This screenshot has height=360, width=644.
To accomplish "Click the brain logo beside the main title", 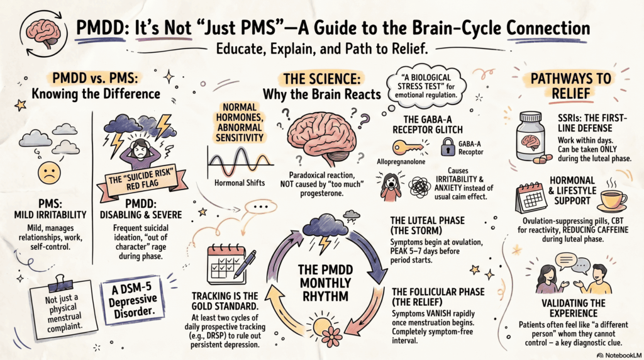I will (41, 30).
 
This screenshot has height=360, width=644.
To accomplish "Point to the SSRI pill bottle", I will (530, 134).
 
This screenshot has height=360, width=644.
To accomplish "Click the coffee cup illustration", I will (612, 196).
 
